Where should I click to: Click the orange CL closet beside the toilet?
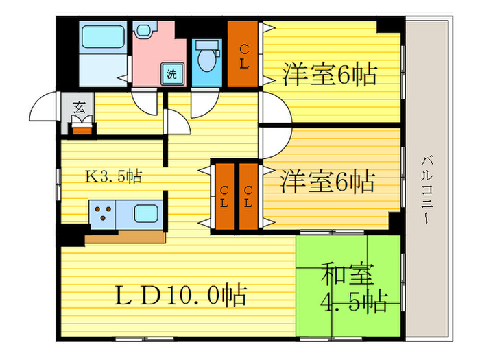pyautogui.click(x=243, y=54)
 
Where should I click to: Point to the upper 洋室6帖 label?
pyautogui.click(x=329, y=74)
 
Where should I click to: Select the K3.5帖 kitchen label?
pyautogui.click(x=113, y=177)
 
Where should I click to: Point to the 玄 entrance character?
pyautogui.click(x=80, y=107)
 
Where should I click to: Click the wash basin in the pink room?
pyautogui.click(x=143, y=30)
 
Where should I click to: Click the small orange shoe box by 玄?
pyautogui.click(x=82, y=128)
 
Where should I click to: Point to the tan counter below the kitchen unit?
pyautogui.click(x=125, y=237)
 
